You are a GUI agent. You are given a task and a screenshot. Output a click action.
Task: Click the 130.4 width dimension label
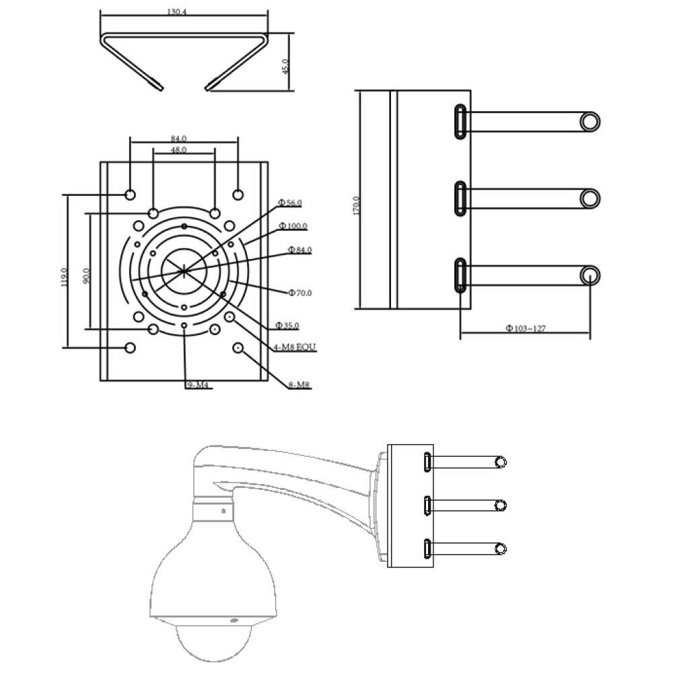pos(176,12)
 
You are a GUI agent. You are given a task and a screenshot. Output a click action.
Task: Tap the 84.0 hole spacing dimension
pos(178,139)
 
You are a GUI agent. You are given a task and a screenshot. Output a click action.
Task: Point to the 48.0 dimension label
pos(178,150)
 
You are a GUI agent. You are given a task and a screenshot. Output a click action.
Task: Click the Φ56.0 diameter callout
pos(289,203)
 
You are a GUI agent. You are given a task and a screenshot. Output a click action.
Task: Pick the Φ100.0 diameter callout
pos(293,225)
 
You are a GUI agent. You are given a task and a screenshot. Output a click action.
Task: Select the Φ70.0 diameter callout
pos(299,293)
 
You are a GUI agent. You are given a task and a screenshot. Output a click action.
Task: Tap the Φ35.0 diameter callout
pos(287,326)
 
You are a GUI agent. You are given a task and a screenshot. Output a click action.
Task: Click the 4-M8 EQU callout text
pos(295,347)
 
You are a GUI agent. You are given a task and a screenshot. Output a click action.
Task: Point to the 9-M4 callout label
pos(197,385)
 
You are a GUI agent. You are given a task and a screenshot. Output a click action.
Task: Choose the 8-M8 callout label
pos(299,385)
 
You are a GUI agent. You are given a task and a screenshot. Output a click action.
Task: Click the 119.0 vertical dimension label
pos(65,277)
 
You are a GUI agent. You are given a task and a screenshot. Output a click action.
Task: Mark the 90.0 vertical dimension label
pos(86,276)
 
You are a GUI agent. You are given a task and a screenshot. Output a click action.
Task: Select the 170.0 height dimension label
pos(356,205)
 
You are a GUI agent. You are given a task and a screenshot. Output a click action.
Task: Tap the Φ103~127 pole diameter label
pos(526,328)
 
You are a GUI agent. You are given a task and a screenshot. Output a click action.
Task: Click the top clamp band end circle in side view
pos(590,121)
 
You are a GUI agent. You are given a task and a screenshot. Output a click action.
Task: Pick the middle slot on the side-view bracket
pos(460,199)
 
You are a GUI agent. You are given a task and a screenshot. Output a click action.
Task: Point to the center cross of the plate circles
pos(184,271)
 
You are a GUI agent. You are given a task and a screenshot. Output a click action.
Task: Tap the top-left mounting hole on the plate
pos(130,195)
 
